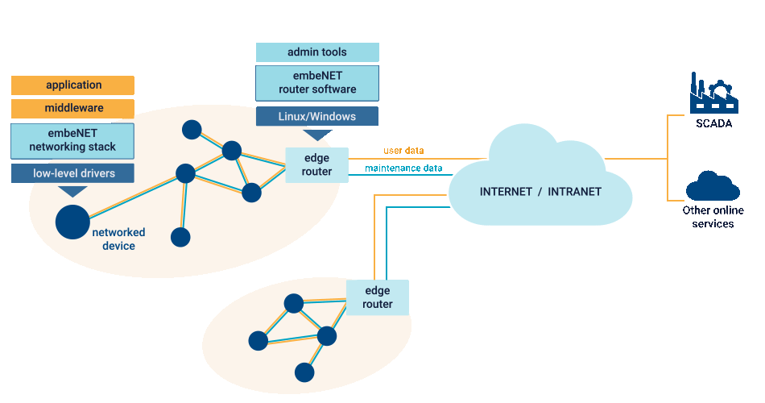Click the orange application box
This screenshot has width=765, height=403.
click(73, 85)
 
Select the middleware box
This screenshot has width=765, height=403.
click(73, 109)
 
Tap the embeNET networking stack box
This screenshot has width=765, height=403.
click(73, 140)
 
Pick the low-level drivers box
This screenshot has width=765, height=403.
click(73, 173)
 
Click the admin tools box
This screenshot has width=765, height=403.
click(317, 52)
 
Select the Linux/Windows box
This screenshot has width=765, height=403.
click(317, 116)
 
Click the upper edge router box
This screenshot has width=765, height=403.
click(316, 164)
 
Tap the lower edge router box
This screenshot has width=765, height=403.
click(378, 297)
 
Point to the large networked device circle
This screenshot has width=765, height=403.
click(72, 222)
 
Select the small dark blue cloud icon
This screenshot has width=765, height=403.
click(713, 186)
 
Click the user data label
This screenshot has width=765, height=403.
click(403, 151)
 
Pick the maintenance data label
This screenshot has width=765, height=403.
click(403, 168)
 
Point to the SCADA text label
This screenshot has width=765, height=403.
click(713, 123)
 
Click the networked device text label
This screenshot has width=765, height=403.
click(118, 239)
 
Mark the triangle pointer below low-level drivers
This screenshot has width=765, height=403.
click(73, 191)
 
